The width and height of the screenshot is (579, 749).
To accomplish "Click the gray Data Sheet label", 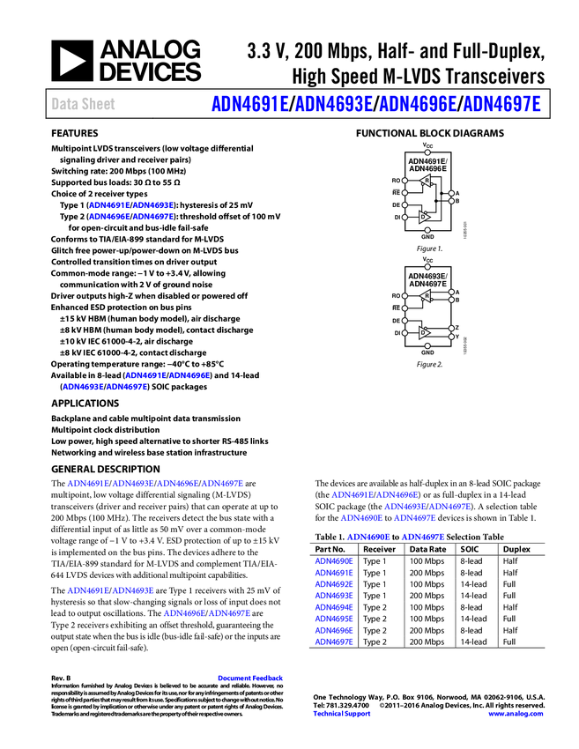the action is tap(84, 104).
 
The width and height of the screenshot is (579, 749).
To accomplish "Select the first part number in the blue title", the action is tap(249, 104).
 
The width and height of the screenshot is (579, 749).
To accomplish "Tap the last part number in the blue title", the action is tap(501, 104).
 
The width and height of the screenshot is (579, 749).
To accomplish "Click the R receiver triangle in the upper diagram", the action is tap(426, 181).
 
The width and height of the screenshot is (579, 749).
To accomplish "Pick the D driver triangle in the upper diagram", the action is tap(424, 217).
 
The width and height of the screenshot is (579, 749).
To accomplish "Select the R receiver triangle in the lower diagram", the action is tap(426, 296).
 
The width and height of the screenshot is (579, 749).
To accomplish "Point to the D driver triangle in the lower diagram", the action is tap(424, 332).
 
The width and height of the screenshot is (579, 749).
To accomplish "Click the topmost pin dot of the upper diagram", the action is tap(427, 152).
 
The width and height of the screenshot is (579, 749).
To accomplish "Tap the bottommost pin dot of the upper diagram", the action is tap(427, 231).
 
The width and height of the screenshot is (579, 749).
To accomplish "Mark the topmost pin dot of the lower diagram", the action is tap(427, 267).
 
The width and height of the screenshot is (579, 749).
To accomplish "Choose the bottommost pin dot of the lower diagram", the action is tap(427, 346).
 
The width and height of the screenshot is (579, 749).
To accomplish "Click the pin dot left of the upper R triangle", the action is tap(405, 181).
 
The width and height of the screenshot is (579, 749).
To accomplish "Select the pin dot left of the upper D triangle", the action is tap(405, 217).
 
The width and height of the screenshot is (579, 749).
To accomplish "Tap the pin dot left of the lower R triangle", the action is tap(405, 296).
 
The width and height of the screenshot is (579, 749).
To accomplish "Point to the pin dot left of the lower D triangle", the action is tap(405, 333).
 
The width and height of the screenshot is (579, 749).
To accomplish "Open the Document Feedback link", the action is tap(251, 678).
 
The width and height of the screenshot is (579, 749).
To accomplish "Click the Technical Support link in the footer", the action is tap(342, 714).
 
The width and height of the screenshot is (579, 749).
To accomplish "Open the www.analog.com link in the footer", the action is tap(516, 714).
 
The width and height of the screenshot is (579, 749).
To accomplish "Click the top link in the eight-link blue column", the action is tap(334, 561).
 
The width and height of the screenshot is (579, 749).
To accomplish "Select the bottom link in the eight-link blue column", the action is tap(334, 641).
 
